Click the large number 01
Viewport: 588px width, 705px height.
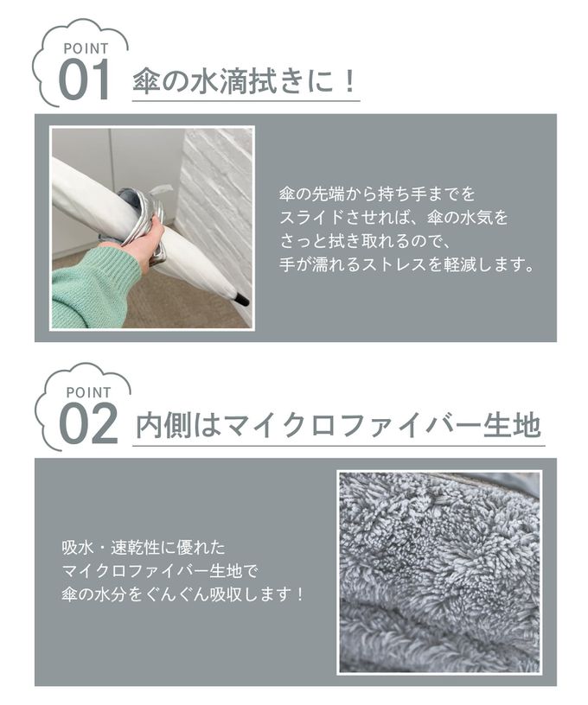pyautogui.click(x=84, y=80)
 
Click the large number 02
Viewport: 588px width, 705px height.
pyautogui.click(x=88, y=423)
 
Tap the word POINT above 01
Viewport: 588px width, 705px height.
pyautogui.click(x=86, y=48)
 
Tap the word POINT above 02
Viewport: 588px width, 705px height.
pyautogui.click(x=88, y=392)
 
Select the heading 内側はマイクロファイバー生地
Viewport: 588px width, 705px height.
pyautogui.click(x=338, y=425)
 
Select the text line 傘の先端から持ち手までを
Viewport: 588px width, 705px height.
pyautogui.click(x=377, y=194)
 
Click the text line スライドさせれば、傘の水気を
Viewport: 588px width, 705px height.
pyautogui.click(x=393, y=218)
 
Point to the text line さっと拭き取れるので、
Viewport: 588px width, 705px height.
pyautogui.click(x=365, y=241)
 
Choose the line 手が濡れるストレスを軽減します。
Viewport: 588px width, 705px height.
pyautogui.click(x=406, y=264)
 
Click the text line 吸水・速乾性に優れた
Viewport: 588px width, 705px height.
pyautogui.click(x=144, y=548)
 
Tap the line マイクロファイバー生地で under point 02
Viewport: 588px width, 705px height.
pyautogui.click(x=160, y=571)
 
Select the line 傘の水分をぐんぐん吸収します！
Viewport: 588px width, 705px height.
pyautogui.click(x=183, y=594)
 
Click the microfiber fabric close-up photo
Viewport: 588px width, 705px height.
pyautogui.click(x=439, y=572)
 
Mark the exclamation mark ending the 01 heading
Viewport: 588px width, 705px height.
pyautogui.click(x=348, y=81)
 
